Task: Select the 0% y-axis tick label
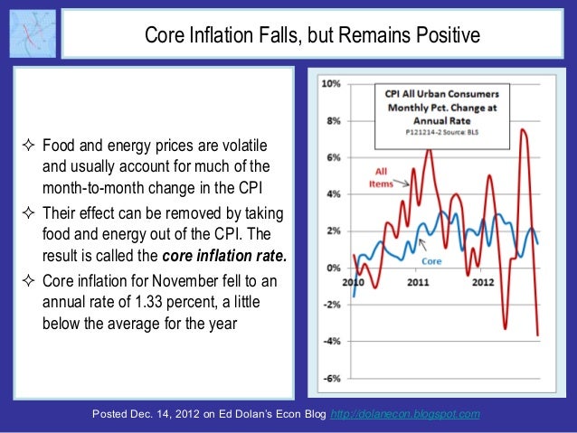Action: (x=333, y=268)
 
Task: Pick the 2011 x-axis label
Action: (x=418, y=282)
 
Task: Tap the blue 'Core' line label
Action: (x=432, y=260)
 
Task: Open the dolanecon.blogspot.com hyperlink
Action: (x=406, y=414)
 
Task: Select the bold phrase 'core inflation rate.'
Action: (x=230, y=256)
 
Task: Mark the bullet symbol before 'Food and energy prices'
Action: (x=31, y=146)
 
